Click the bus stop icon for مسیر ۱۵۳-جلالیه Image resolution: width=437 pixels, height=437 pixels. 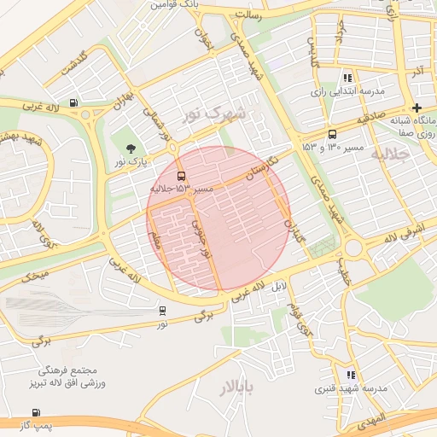179,176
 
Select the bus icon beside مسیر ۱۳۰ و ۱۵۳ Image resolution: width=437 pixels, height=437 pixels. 332,134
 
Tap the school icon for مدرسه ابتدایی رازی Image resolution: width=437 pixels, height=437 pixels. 347,78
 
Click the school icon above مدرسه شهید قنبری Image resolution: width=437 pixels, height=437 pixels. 350,375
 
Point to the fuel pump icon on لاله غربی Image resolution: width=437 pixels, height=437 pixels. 74,103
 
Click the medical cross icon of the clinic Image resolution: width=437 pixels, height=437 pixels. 416,108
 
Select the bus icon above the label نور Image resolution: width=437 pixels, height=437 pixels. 162,311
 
